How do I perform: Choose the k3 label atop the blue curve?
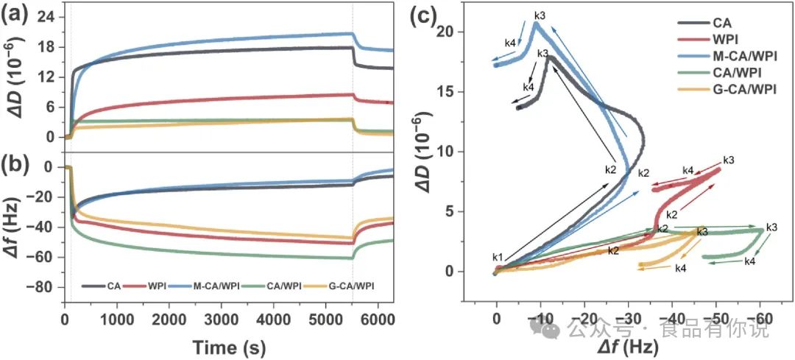(540, 15)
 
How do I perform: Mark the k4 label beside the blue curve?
(509, 43)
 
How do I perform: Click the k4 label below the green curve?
(749, 261)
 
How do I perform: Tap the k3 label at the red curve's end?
(729, 160)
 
